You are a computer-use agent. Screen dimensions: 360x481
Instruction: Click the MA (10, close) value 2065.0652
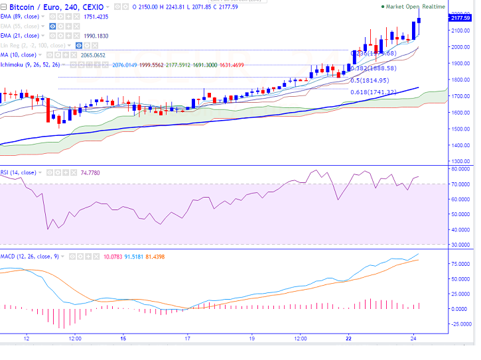click(x=94, y=56)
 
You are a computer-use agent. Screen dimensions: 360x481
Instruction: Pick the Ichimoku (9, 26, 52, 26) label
click(x=31, y=65)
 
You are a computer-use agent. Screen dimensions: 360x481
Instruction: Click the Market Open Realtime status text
click(x=416, y=6)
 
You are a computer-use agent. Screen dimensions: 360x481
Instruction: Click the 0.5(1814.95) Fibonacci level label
click(x=373, y=80)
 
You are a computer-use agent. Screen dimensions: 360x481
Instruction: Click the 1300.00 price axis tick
click(x=460, y=161)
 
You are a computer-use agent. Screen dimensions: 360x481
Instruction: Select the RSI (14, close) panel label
click(x=18, y=172)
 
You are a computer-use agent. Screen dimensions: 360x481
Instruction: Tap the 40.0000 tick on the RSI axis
click(x=460, y=230)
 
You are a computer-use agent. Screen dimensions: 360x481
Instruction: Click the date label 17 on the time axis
click(x=188, y=337)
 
